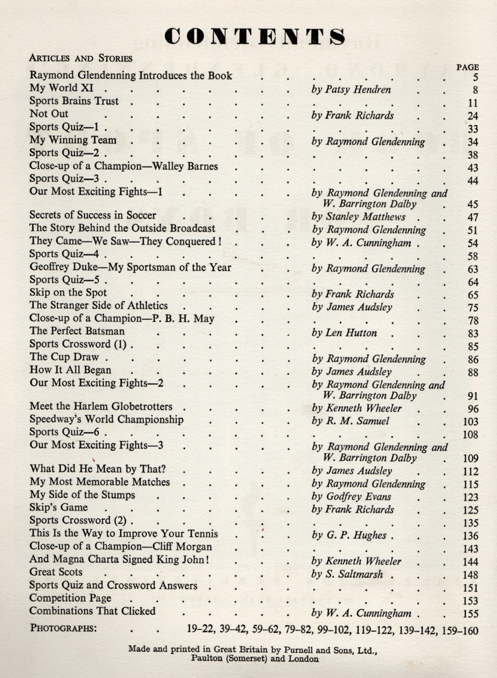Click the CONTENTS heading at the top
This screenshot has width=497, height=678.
(x=255, y=36)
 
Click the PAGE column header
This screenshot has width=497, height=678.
(x=467, y=67)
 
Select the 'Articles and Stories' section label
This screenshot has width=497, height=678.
(x=81, y=58)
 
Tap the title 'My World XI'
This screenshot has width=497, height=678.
(x=62, y=88)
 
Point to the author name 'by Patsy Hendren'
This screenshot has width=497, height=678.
(x=351, y=89)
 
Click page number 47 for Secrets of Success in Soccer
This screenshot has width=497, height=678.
(x=472, y=217)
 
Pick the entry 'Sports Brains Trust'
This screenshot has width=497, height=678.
(x=74, y=101)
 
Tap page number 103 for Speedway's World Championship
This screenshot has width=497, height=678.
(x=470, y=422)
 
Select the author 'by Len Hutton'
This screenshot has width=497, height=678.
(x=344, y=333)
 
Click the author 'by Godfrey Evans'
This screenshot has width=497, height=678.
(x=351, y=497)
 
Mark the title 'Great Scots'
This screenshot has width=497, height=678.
(x=56, y=572)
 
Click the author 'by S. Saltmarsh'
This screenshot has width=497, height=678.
(x=347, y=575)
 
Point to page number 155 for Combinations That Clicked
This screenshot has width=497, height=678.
(x=470, y=614)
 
